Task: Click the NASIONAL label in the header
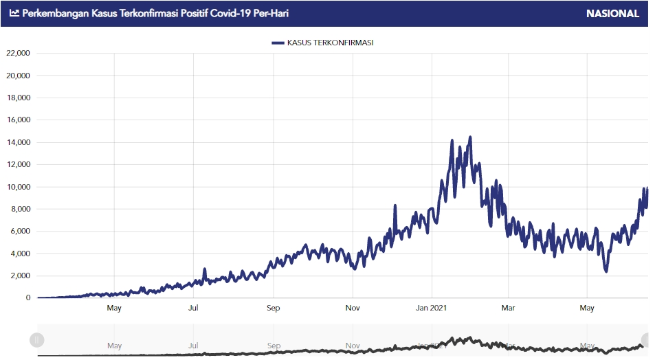point(612,13)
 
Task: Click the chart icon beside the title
point(14,13)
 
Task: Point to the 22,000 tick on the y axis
point(18,53)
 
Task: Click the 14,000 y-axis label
point(18,142)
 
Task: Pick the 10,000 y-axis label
point(18,187)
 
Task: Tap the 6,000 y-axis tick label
point(21,231)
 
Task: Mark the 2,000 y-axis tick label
point(21,275)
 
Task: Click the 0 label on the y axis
point(28,297)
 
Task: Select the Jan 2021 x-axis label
point(432,308)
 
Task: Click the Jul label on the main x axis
point(194,308)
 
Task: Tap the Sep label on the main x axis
point(274,308)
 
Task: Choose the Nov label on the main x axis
point(353,308)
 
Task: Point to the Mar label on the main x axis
point(508,308)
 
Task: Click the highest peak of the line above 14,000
point(470,137)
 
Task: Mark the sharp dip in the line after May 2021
point(606,271)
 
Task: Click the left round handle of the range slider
point(37,339)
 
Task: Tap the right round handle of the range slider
point(647,339)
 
